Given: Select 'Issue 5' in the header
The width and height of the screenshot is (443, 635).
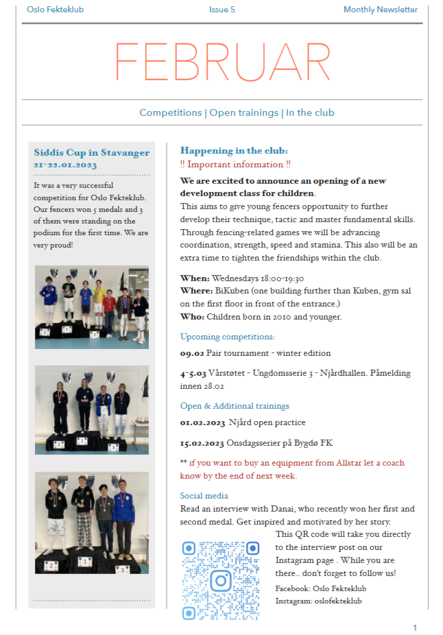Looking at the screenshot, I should click(x=222, y=10).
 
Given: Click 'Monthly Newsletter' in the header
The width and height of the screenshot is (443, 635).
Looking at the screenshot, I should click(x=381, y=10).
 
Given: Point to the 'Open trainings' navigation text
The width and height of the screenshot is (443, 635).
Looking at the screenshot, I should click(x=244, y=112).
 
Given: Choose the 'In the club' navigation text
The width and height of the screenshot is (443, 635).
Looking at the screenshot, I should click(x=310, y=112).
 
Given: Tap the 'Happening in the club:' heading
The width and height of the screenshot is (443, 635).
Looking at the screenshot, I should click(x=234, y=150).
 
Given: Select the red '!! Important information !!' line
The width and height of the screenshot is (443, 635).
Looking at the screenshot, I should click(x=235, y=165).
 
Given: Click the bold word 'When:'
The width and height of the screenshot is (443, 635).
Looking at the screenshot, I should click(x=195, y=278).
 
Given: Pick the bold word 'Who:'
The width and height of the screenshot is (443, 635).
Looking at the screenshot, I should click(x=193, y=317).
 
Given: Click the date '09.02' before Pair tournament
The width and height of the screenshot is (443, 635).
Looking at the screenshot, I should click(x=192, y=353).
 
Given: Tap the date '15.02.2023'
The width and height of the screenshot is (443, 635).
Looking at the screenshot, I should click(x=202, y=442).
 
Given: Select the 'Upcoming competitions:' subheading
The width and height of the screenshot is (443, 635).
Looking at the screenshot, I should click(x=227, y=337).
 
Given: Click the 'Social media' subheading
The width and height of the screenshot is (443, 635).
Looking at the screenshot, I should click(x=204, y=495).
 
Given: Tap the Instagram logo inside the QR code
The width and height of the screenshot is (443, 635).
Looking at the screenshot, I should click(x=220, y=580).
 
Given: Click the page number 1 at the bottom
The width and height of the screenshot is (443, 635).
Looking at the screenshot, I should click(x=415, y=627).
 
